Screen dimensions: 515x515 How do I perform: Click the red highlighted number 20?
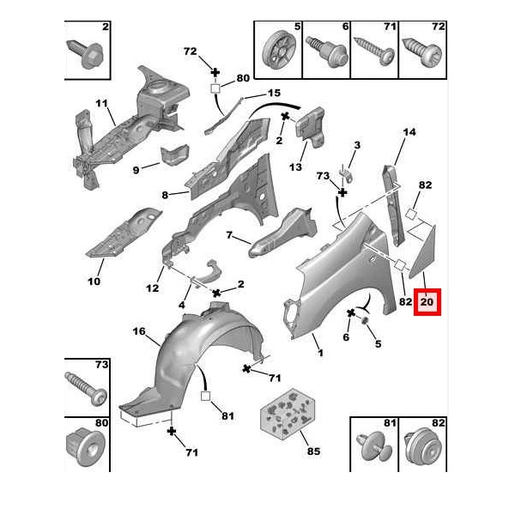[x=427, y=301]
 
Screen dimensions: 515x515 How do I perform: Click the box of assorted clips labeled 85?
[x=288, y=414]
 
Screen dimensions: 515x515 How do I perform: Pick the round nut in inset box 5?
[x=277, y=50]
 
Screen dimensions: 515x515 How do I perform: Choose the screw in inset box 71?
[x=375, y=51]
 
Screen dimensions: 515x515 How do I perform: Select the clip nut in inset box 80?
[x=86, y=447]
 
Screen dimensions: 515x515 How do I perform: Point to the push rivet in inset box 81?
[x=374, y=447]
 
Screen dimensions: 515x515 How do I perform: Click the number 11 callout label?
[x=102, y=103]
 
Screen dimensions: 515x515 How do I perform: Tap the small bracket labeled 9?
[x=175, y=154]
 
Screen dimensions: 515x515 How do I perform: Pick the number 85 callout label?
[x=313, y=451]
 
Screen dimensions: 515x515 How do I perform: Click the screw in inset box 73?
[x=86, y=390]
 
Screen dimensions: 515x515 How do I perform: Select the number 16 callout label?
[x=138, y=331]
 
